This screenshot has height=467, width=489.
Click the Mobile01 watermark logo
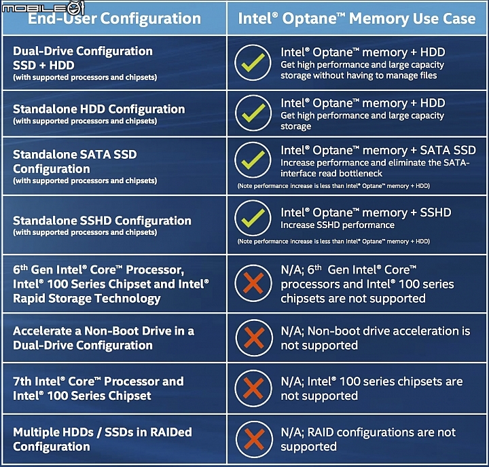pos(43,7)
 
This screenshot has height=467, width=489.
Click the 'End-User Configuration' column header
pos(115,18)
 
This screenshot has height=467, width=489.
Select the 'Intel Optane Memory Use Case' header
pos(357,18)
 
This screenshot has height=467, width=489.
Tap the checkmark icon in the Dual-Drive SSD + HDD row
pos(253,62)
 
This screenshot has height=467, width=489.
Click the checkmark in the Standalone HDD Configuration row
pos(253,113)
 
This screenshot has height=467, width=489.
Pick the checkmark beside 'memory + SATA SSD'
pos(253,160)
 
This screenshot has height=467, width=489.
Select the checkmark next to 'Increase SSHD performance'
pos(253,218)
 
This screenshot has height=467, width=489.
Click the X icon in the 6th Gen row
pos(253,283)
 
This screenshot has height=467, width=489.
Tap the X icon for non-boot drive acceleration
pos(254,338)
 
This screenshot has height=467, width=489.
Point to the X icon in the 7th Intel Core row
pos(253,388)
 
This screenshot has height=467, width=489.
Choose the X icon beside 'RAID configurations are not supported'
pos(254,439)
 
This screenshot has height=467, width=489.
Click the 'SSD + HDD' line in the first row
pos(43,65)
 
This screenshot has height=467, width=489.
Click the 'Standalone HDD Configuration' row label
pos(99,109)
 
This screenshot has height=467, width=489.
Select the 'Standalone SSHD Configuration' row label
pos(102,221)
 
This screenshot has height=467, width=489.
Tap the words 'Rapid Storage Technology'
pos(87,299)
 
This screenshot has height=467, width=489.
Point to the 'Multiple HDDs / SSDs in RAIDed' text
pos(103,432)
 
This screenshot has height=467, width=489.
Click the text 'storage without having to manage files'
pos(359,76)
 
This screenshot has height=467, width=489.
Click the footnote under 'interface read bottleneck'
pos(333,186)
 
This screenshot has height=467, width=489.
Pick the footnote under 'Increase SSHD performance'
pos(333,242)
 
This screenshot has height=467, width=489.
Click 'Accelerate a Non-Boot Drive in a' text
pos(103,331)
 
